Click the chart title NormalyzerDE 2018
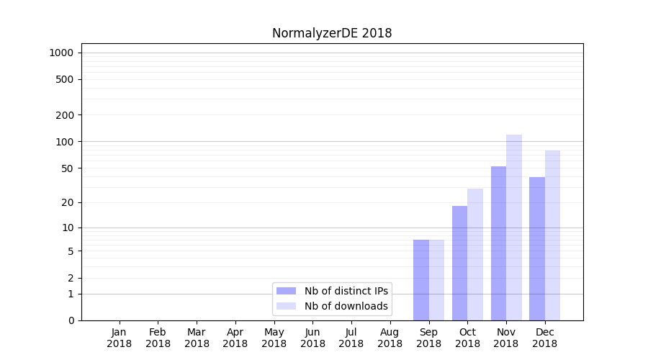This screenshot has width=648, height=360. tap(332, 33)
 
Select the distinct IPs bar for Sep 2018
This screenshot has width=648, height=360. tap(421, 280)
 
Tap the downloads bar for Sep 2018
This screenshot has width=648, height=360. tap(436, 280)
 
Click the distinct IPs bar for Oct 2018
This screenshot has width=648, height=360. tap(459, 263)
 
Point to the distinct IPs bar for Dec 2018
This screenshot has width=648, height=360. tap(537, 248)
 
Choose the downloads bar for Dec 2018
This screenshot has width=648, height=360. tap(552, 235)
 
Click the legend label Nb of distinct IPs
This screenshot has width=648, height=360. tap(346, 291)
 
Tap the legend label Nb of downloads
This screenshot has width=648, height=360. tap(346, 306)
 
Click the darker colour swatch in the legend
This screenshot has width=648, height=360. tap(287, 291)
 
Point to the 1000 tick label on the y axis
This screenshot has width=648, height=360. tap(61, 53)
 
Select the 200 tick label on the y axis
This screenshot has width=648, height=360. tap(65, 115)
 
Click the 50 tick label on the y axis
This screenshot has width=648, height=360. tap(67, 168)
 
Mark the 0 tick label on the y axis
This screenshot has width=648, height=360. tap(71, 320)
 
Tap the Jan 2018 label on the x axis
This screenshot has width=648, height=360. tap(120, 338)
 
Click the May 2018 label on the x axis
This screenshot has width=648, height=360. tap(274, 338)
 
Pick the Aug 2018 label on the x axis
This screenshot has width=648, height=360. tap(390, 338)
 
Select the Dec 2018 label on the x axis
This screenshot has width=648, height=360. tap(544, 338)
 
